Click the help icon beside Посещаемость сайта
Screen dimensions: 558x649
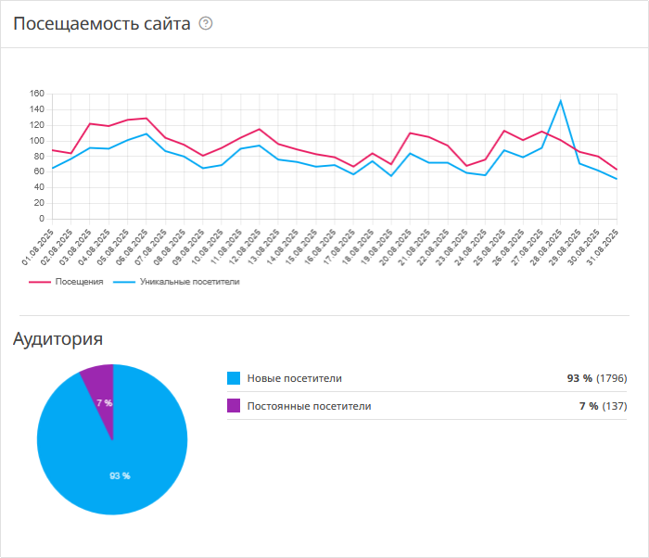click(x=206, y=24)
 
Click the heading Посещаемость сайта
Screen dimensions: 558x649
click(x=102, y=24)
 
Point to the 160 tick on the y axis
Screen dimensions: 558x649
click(x=37, y=94)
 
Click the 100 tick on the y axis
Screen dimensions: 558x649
click(x=37, y=141)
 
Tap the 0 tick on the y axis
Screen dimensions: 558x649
click(x=42, y=219)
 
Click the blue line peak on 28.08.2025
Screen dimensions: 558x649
click(x=561, y=101)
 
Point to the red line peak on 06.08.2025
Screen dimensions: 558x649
click(x=146, y=119)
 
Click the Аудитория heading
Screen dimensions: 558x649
click(x=57, y=339)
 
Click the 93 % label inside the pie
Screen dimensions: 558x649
click(x=120, y=476)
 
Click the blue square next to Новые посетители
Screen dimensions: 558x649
click(x=234, y=378)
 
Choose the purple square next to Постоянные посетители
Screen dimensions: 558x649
click(x=234, y=405)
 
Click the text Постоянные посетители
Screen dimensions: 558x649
click(x=309, y=405)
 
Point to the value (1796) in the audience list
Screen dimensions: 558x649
click(x=612, y=378)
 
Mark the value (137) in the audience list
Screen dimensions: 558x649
click(x=615, y=405)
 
